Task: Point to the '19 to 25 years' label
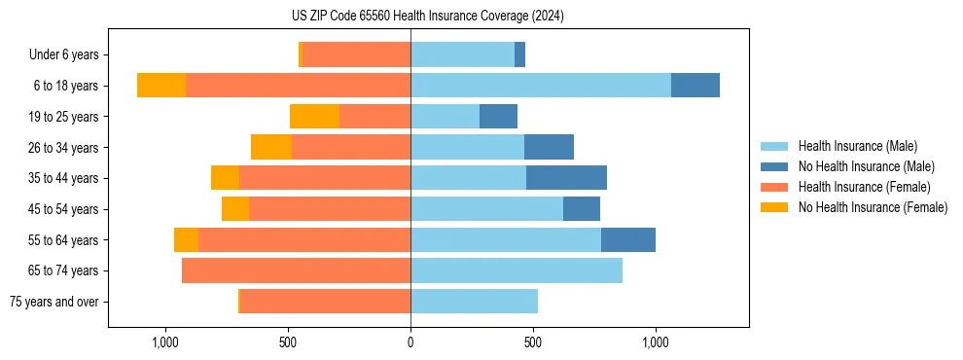click(x=63, y=117)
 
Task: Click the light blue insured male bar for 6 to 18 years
click(x=541, y=86)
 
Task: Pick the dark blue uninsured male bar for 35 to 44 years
click(x=566, y=178)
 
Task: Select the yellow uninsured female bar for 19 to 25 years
click(x=314, y=117)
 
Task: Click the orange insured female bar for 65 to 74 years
click(x=296, y=270)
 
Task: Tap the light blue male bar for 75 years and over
click(x=474, y=302)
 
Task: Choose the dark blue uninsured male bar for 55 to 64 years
click(x=627, y=239)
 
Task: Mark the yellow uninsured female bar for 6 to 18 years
click(x=161, y=86)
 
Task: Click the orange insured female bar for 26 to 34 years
click(x=351, y=147)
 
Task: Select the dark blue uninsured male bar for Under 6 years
click(x=519, y=54)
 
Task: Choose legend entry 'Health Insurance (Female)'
click(x=863, y=187)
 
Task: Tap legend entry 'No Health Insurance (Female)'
click(x=872, y=207)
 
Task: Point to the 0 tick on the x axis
click(x=410, y=342)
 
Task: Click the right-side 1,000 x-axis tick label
click(x=655, y=342)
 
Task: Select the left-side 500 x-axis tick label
click(x=288, y=342)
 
